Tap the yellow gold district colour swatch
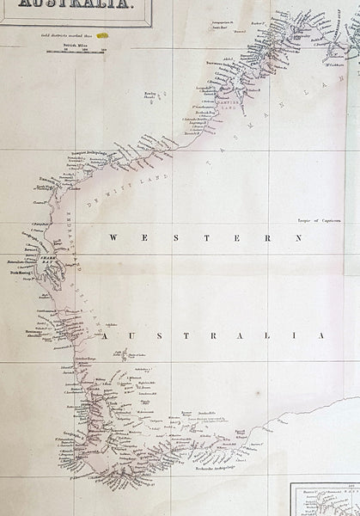click(102, 37)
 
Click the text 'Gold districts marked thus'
click(67, 37)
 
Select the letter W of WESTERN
click(114, 235)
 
